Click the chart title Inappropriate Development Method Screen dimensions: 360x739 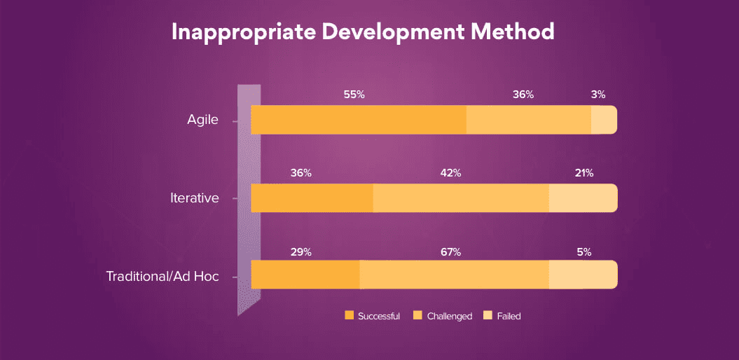363,32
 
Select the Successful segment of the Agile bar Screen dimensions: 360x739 359,120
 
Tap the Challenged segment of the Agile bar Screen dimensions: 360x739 529,120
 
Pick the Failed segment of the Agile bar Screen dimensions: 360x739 604,120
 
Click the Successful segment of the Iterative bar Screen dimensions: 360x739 312,198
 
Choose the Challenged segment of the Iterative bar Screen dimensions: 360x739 461,198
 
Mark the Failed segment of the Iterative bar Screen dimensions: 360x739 583,198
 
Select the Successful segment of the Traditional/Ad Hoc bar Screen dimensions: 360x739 305,275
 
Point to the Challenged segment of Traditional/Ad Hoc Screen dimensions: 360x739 454,275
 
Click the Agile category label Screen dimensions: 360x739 202,120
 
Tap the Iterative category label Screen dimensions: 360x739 195,198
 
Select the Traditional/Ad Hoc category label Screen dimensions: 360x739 163,276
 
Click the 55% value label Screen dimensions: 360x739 354,95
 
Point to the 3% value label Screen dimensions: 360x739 598,95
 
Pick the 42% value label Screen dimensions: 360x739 450,173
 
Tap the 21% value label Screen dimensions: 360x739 584,173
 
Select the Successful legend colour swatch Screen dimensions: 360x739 350,316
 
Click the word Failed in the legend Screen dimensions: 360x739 509,316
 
